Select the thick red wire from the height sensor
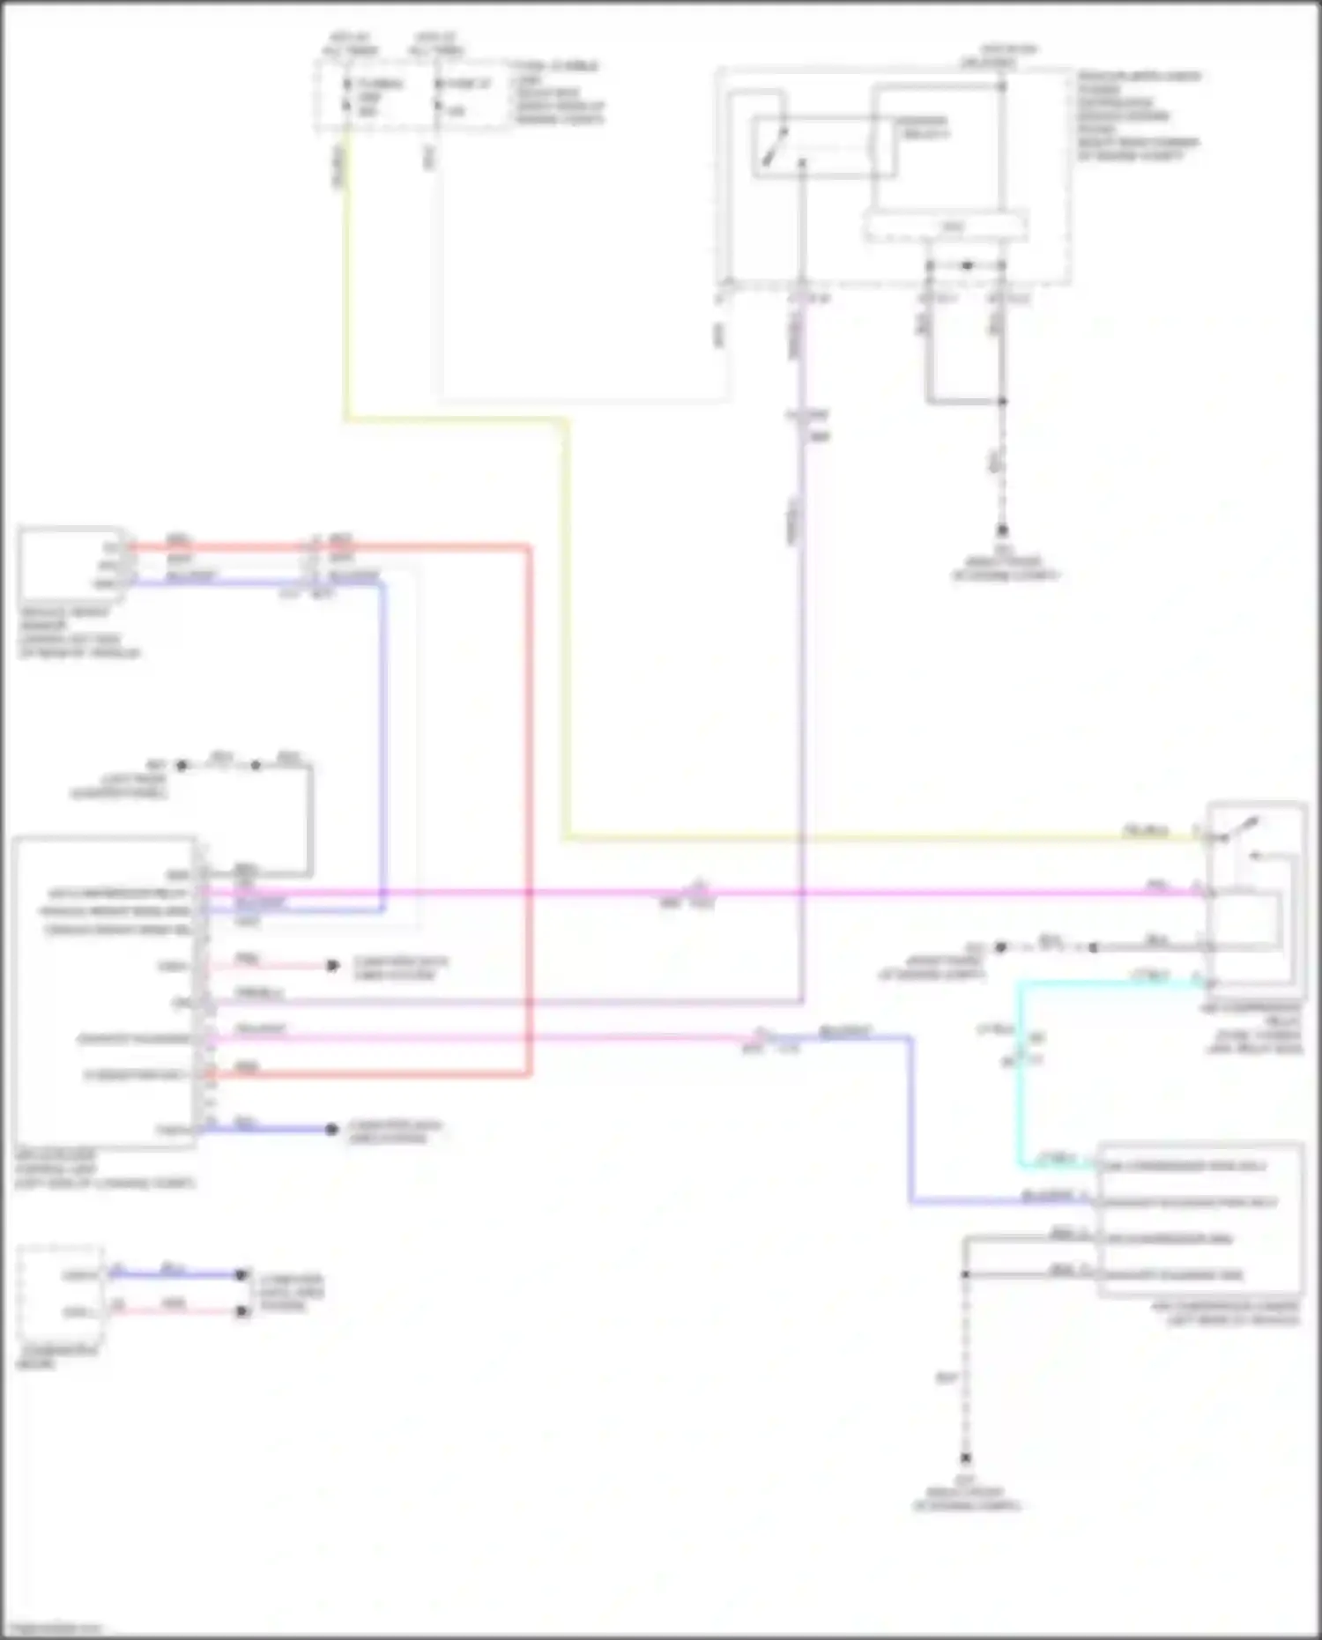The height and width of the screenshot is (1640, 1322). [529, 793]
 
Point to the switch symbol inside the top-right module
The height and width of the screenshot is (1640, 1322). [775, 145]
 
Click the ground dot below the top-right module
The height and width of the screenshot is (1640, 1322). [1002, 531]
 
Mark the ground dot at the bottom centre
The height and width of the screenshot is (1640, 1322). [966, 1459]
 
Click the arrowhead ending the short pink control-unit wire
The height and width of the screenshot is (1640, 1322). [332, 966]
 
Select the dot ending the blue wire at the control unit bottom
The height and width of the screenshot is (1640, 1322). [331, 1129]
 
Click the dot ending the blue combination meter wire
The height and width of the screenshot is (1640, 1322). [241, 1274]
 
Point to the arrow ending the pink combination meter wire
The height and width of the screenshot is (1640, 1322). [242, 1311]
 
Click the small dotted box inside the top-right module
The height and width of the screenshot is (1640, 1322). [945, 226]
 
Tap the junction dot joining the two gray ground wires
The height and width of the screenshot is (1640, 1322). [1002, 402]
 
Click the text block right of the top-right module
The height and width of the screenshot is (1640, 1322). [1137, 115]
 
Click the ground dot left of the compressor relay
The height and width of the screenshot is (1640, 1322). [1000, 947]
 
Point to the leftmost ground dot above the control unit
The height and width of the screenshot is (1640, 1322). [182, 765]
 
